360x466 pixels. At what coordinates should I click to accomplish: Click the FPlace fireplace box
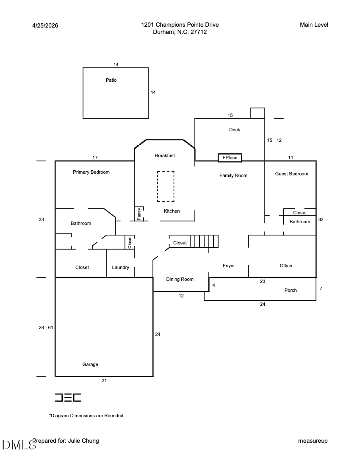point(230,158)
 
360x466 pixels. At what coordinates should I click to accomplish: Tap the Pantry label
point(139,214)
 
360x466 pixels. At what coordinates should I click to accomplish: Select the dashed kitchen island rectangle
point(166,186)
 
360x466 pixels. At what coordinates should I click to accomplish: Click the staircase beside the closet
point(204,241)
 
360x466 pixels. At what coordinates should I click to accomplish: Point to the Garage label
point(90,364)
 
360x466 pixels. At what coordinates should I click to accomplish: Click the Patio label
point(111,80)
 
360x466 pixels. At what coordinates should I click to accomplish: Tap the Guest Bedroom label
point(292,174)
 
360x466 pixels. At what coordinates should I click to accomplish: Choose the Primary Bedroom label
point(91,172)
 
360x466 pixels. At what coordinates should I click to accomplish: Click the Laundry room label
point(121,267)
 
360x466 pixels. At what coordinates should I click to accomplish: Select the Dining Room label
point(180,279)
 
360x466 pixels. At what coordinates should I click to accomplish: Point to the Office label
point(286,266)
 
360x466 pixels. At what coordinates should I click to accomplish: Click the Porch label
point(291,290)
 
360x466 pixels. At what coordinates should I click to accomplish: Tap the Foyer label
point(229,266)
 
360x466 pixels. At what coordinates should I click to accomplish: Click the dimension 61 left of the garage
point(50,327)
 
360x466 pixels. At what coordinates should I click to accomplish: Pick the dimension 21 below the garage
point(104,380)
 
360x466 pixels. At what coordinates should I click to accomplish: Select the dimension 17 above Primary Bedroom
point(95,158)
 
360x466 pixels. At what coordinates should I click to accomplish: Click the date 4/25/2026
point(45,25)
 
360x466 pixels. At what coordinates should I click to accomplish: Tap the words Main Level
point(314,25)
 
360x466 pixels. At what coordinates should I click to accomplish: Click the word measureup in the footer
point(313,441)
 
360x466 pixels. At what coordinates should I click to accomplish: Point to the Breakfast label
point(165,155)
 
